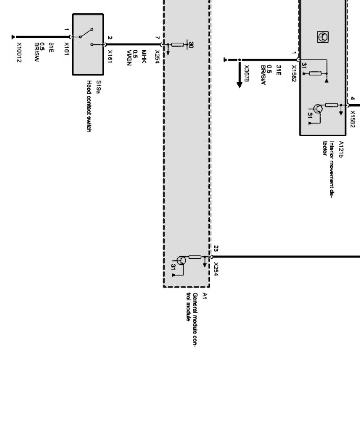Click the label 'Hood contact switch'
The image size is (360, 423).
[x=88, y=106]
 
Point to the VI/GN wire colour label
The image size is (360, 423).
[x=129, y=58]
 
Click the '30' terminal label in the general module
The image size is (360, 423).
[x=191, y=45]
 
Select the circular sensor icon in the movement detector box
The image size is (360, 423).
[x=323, y=37]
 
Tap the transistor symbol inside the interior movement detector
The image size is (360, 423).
[x=319, y=109]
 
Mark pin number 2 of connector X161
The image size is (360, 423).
[x=110, y=38]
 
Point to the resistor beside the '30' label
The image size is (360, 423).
[x=178, y=45]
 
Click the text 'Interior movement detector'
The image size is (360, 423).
[x=328, y=168]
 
